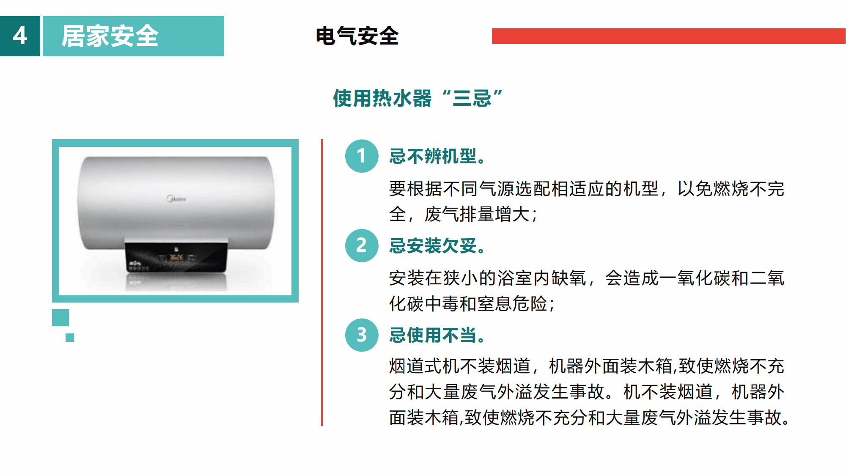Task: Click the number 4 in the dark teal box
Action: pos(20,36)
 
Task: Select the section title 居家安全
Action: pos(110,36)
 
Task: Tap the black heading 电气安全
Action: pos(357,36)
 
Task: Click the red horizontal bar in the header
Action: pos(668,36)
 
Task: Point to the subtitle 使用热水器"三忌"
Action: pos(418,98)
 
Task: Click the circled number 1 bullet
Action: pos(362,156)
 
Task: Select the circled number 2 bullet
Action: pos(362,245)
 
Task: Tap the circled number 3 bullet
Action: pos(362,335)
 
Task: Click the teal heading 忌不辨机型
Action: pos(437,156)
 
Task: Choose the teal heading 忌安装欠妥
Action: pos(437,246)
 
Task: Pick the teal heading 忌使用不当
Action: pos(437,335)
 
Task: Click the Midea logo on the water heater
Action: pos(176,198)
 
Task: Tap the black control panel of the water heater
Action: pos(176,257)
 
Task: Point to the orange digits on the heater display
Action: pos(176,257)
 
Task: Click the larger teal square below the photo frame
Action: pos(60,318)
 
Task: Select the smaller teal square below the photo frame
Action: pos(70,338)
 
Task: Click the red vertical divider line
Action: pos(322,283)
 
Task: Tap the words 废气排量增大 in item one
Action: pos(478,214)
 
